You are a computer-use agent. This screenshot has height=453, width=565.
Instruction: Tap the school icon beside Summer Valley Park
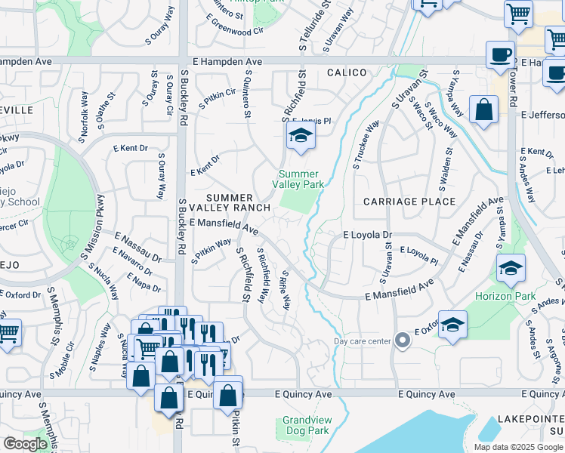(x=301, y=137)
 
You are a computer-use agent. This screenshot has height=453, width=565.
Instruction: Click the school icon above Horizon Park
(x=511, y=269)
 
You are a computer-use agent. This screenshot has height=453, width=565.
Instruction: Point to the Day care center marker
(x=403, y=341)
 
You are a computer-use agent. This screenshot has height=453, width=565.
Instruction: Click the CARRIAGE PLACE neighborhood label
(x=409, y=202)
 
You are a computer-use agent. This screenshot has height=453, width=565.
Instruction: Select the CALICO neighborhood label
(x=347, y=72)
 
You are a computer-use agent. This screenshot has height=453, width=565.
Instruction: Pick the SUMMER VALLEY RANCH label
(x=230, y=202)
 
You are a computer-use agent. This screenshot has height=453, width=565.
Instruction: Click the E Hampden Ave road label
(x=227, y=61)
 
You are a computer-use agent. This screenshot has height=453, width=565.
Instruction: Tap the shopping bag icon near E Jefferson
(x=483, y=109)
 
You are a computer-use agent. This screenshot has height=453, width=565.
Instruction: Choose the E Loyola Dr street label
(x=368, y=235)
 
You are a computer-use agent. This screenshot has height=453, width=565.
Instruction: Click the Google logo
(x=25, y=444)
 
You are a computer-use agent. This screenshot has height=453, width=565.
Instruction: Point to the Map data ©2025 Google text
(x=517, y=447)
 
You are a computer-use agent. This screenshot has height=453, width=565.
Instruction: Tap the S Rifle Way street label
(x=286, y=290)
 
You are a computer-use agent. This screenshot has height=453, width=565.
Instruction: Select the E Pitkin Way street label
(x=211, y=252)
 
